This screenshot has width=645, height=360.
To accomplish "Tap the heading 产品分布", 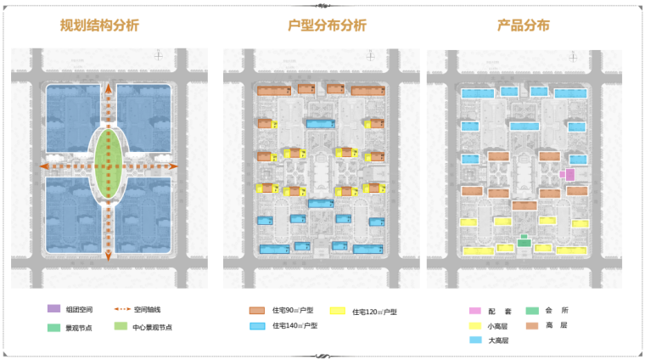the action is coord(524,25).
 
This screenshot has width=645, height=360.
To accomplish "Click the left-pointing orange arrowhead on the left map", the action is coord(42,166).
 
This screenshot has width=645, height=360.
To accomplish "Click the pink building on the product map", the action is coord(570,174).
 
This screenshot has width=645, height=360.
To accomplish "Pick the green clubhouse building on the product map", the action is coord(524,243).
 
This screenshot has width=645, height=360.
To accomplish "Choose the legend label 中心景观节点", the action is coord(154,327).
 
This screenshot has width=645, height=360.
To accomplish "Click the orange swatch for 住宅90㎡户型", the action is coord(258,311).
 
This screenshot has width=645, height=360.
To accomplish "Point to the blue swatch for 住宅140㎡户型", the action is coord(258,326).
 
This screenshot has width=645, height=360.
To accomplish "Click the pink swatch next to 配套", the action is coord(475,311).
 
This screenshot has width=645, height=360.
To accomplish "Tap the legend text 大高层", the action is coord(498,340).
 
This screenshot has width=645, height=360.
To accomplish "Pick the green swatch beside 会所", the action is coord(532,311).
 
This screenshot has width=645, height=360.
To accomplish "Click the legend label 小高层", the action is coord(498,326).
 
